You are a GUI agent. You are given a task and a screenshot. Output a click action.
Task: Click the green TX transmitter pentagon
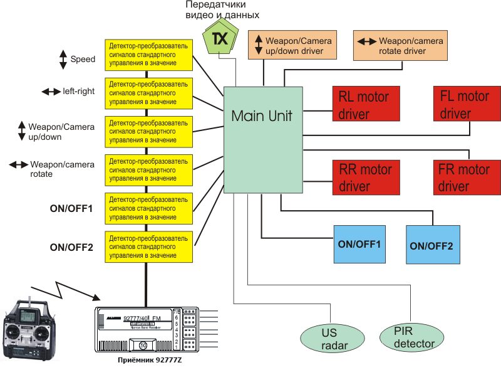[219, 39]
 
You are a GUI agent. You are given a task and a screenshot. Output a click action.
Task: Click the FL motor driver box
[463, 105]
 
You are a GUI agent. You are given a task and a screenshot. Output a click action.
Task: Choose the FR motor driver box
[463, 177]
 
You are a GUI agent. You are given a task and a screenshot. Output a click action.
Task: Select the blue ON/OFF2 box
[433, 244]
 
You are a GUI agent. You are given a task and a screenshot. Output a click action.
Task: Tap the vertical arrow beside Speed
[63, 60]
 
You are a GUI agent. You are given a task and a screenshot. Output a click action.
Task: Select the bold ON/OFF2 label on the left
[71, 247]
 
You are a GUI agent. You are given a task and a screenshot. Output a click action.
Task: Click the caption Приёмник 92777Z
[145, 361]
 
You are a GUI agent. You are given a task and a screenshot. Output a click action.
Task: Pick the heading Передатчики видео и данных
[222, 10]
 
